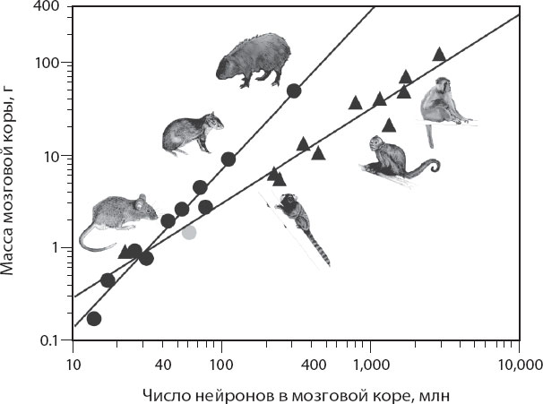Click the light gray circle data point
189,231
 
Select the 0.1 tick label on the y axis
52,341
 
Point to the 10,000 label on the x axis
519,364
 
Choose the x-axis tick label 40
162,364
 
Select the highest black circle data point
293,90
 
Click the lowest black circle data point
93,318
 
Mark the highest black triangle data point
439,54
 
